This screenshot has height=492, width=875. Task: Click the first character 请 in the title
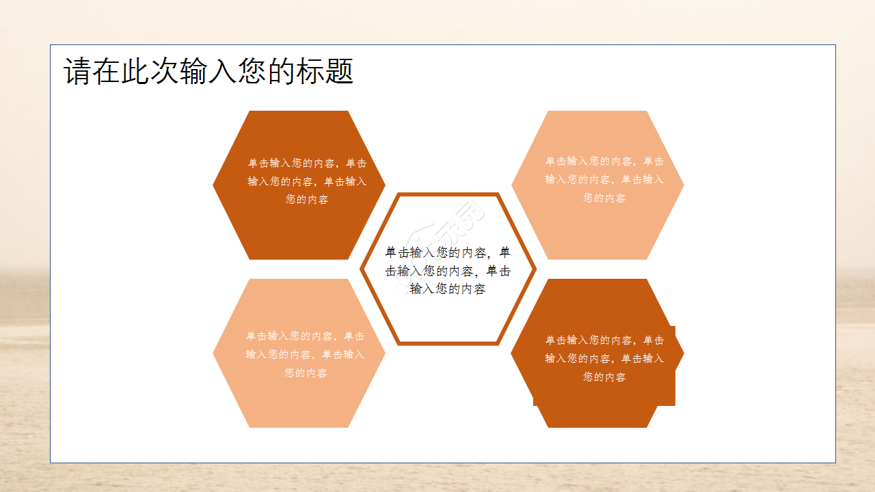[x=77, y=72]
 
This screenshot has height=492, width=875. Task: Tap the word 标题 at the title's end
[x=325, y=72]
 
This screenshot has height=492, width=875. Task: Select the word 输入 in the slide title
[x=194, y=72]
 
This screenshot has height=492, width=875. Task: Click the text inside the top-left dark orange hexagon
[x=307, y=182]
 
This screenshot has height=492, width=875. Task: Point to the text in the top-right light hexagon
[x=604, y=180]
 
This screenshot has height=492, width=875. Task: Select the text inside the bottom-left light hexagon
[x=306, y=355]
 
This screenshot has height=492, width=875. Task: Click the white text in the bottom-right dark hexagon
[x=604, y=358]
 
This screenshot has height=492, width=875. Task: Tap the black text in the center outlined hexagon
[x=448, y=271]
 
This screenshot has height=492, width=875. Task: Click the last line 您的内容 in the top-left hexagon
[x=307, y=200]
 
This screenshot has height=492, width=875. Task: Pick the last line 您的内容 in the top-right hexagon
[x=604, y=198]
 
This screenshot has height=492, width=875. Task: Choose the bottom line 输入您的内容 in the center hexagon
[x=448, y=289]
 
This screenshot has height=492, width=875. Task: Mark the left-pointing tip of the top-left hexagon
[x=214, y=184]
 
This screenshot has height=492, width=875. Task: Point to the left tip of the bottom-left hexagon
[x=214, y=353]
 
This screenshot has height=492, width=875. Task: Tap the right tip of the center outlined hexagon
[x=535, y=269]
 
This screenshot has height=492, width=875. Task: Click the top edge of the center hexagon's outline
[x=448, y=195]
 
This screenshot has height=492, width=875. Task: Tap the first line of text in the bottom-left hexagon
[x=306, y=336]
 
